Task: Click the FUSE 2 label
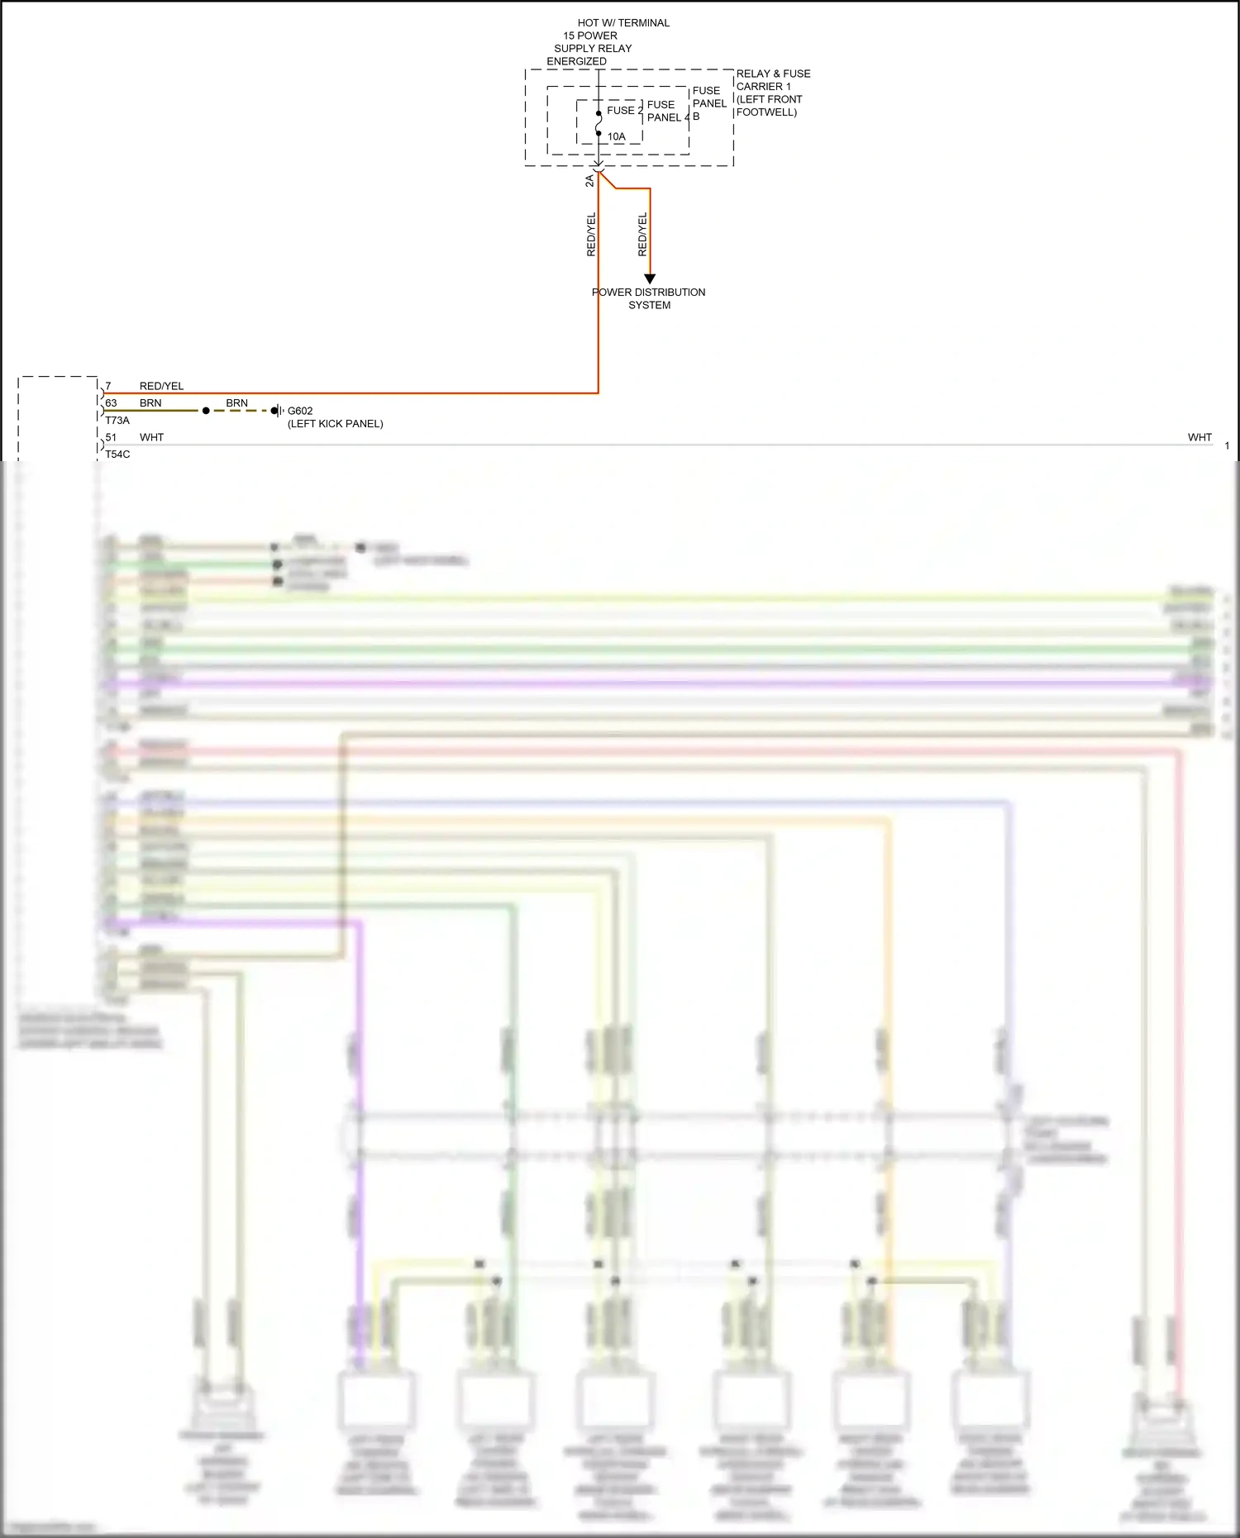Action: (x=624, y=111)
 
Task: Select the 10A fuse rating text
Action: (x=617, y=137)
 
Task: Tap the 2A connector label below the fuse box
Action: (x=589, y=181)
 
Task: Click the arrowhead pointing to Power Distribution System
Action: (x=650, y=279)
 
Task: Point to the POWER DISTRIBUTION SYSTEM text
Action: (x=649, y=298)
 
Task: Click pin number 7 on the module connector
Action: (x=108, y=386)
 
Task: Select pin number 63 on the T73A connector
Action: (x=111, y=403)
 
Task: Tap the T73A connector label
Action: (x=117, y=421)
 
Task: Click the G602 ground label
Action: (x=300, y=411)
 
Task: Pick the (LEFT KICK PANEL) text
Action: (x=336, y=424)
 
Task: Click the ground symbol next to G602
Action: (x=279, y=411)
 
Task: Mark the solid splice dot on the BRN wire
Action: (x=206, y=411)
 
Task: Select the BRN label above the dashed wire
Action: (x=236, y=403)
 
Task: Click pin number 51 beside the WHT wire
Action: (x=111, y=437)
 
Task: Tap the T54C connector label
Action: (x=117, y=455)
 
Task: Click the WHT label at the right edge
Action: (x=1199, y=437)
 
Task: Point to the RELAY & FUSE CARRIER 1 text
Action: (x=773, y=80)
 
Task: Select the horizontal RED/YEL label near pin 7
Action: (x=161, y=386)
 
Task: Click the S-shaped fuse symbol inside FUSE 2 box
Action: (x=599, y=123)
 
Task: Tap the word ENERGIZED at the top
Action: (x=576, y=62)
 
